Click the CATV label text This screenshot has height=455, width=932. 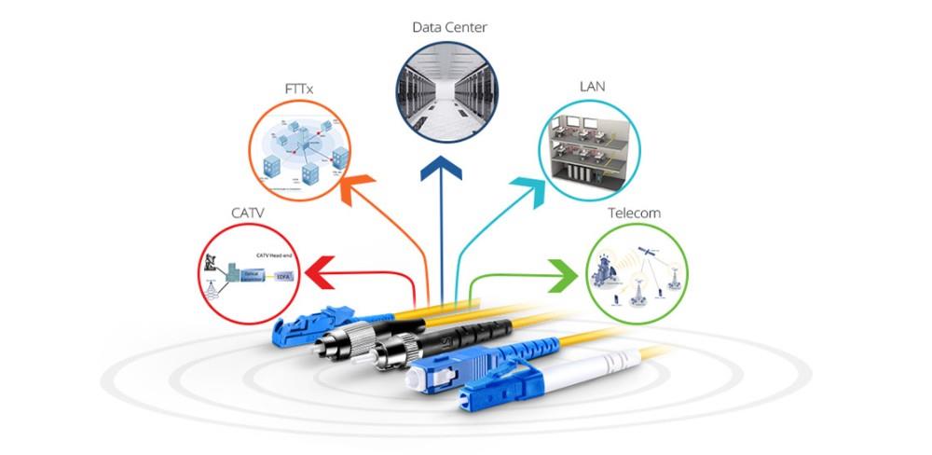tap(248, 213)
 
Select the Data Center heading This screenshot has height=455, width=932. tap(449, 27)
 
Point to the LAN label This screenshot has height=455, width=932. tap(592, 87)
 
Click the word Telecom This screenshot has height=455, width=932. tap(634, 213)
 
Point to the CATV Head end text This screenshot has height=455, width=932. tap(276, 255)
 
